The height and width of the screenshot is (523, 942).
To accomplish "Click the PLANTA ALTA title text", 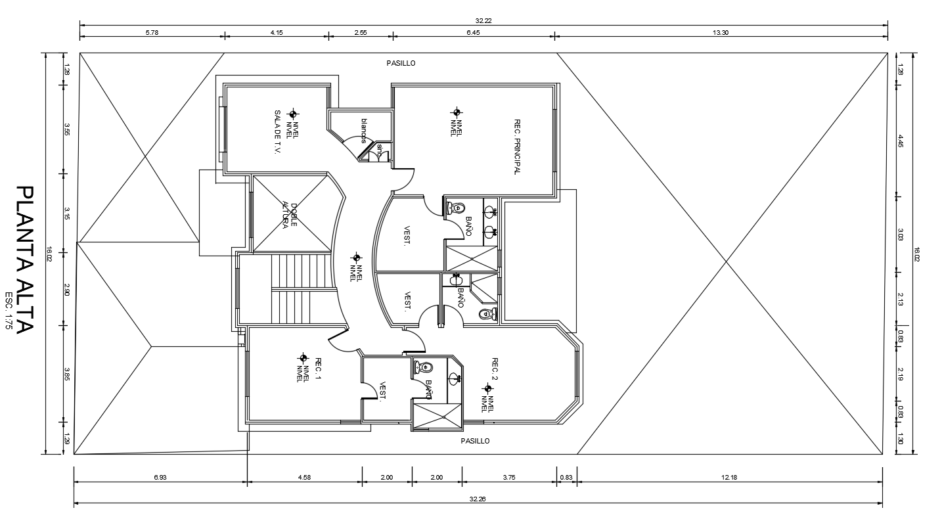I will (24, 259).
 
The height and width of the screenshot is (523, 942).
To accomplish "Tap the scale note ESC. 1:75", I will (9, 314).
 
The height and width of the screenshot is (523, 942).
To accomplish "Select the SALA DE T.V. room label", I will (278, 132).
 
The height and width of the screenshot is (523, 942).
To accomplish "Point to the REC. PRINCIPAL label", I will (517, 147).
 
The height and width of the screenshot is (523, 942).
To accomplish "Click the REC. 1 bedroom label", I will (318, 369).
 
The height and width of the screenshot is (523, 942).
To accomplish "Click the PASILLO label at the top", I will (401, 63).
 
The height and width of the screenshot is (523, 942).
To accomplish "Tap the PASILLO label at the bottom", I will (475, 441).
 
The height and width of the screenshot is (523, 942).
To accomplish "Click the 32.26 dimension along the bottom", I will (478, 499).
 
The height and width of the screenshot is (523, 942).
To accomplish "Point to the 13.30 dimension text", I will (720, 33).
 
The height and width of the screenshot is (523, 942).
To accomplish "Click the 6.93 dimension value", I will (160, 478).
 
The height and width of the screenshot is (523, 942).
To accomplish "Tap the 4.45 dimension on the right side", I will (901, 141).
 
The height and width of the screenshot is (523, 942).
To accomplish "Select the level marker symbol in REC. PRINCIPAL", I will (457, 113).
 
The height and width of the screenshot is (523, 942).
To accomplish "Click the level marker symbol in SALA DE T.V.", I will (293, 114).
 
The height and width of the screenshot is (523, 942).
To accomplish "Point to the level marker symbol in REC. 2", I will (487, 388).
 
